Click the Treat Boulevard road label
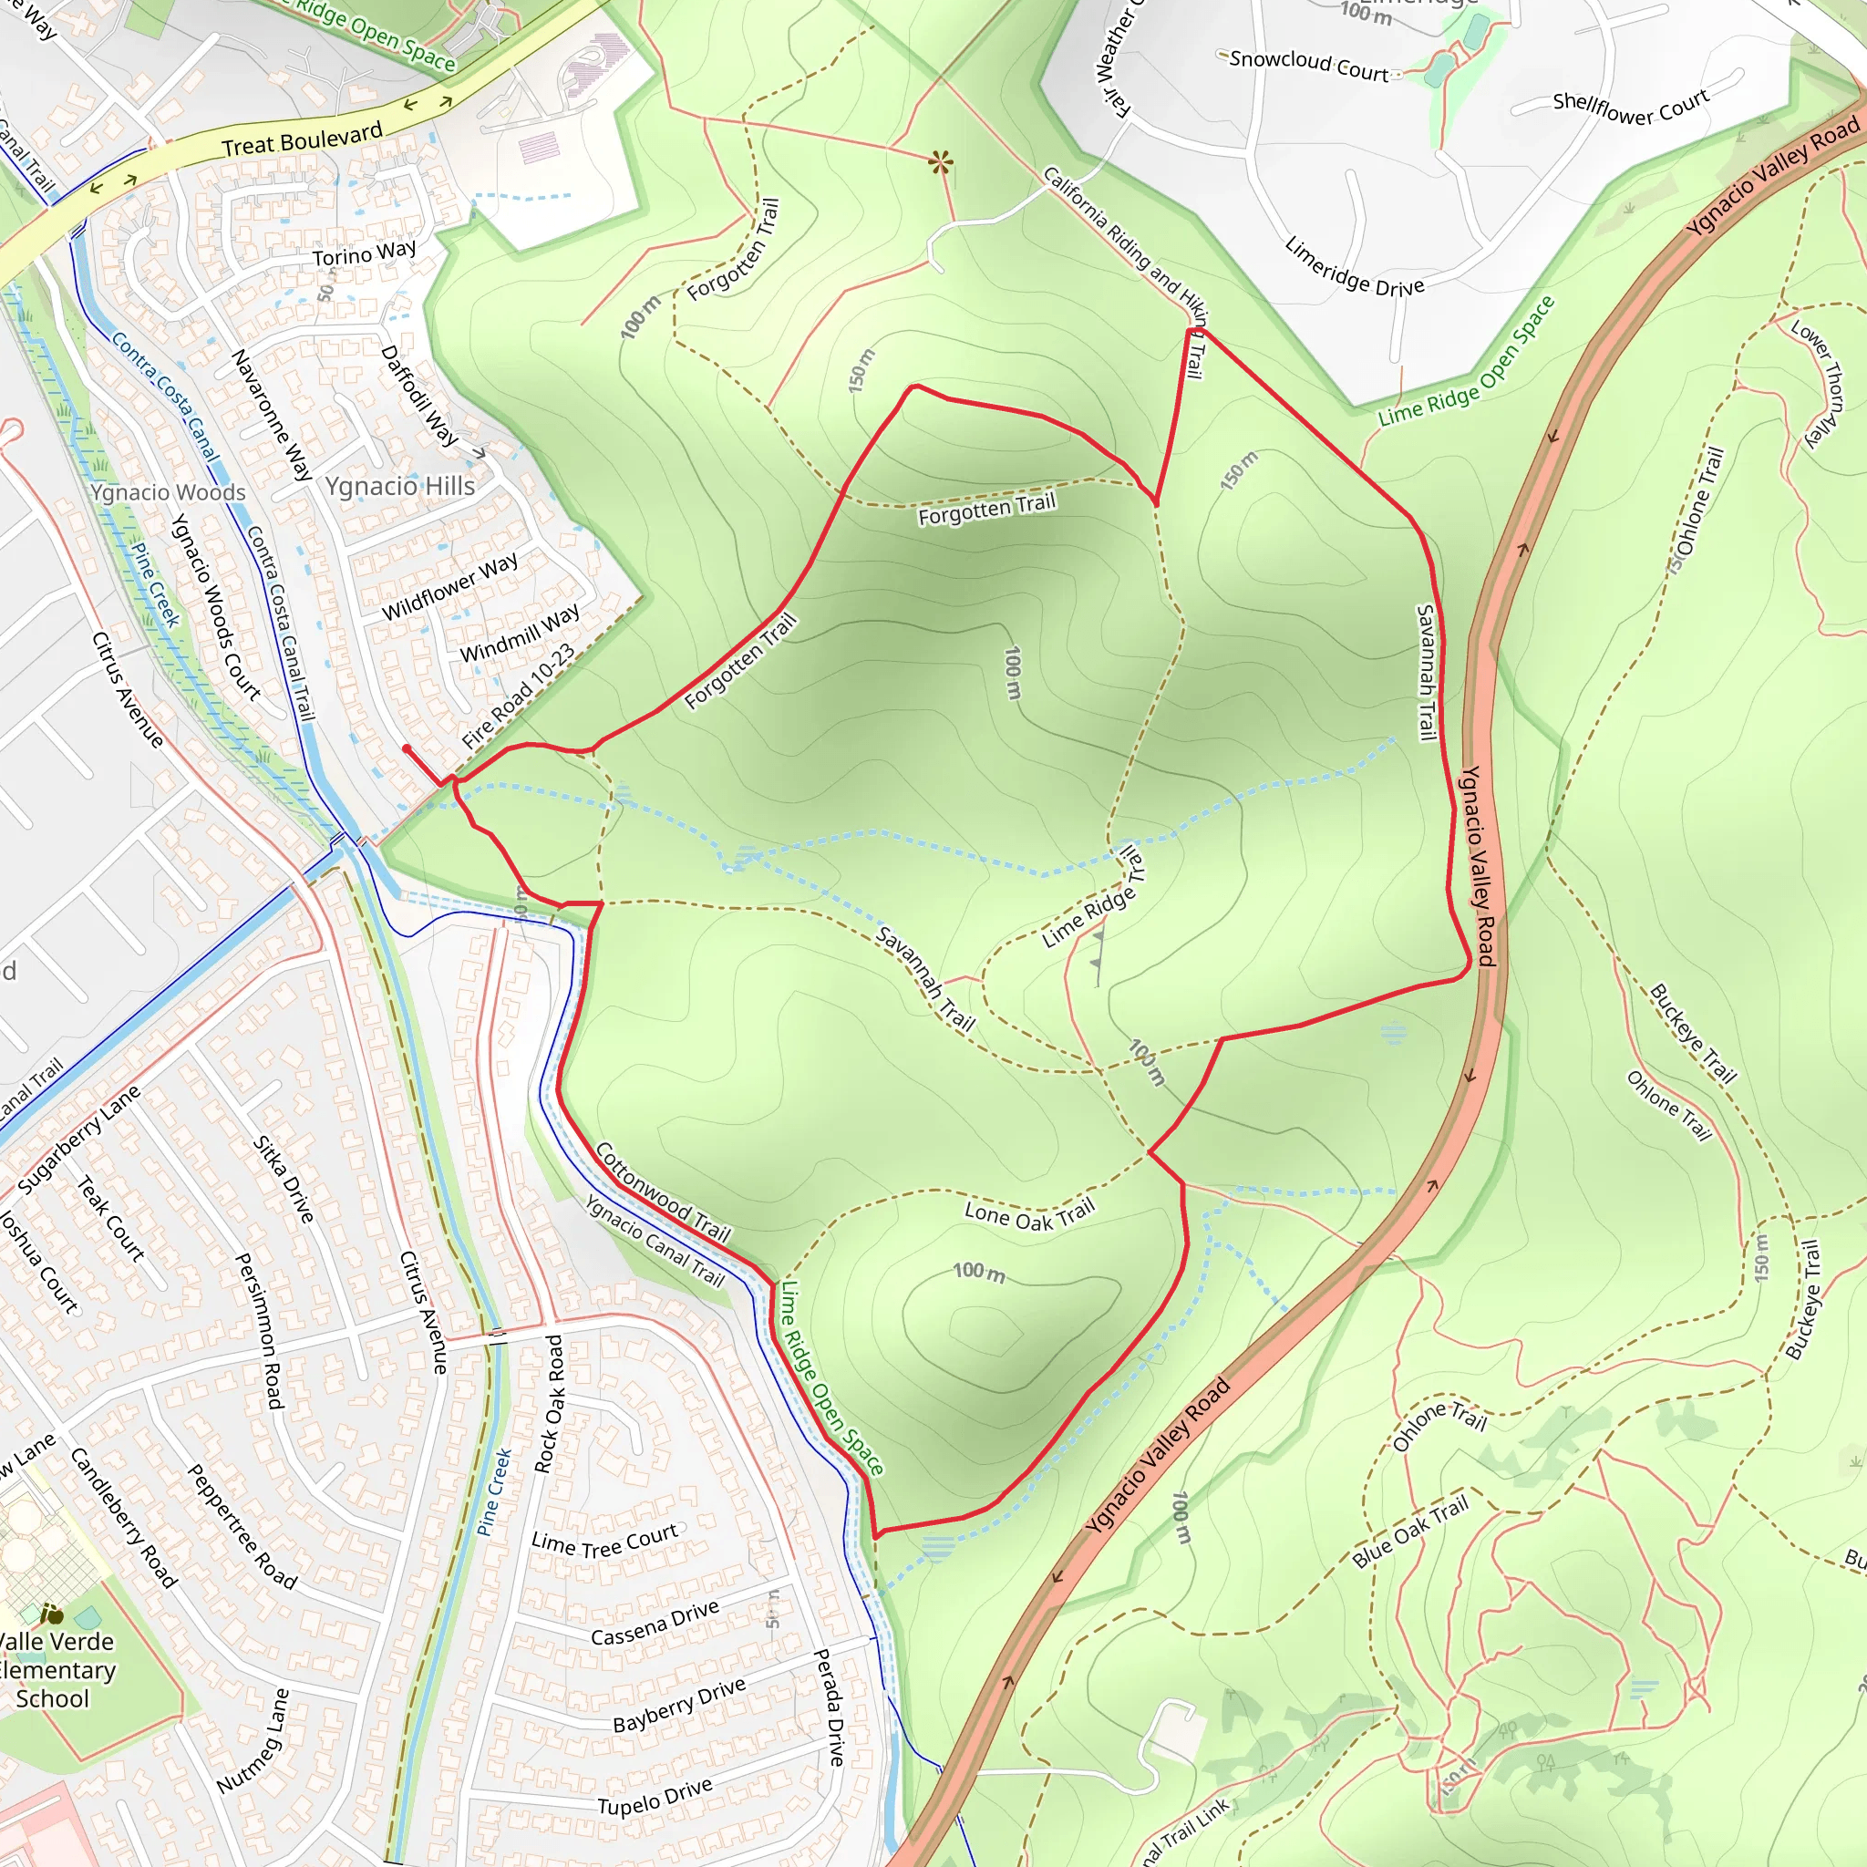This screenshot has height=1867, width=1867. [x=302, y=140]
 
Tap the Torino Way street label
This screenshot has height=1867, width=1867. [x=364, y=254]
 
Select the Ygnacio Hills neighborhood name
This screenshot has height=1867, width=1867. [x=399, y=486]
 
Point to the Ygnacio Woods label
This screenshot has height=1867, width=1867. [x=168, y=493]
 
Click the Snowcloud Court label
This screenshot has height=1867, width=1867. [x=1308, y=65]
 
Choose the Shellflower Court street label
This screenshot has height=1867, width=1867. [x=1630, y=107]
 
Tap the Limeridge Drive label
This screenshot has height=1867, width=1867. [x=1354, y=267]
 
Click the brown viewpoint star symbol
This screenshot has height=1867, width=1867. [x=939, y=161]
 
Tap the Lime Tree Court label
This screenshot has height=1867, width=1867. [x=604, y=1542]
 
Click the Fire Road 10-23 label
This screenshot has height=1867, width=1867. [x=518, y=695]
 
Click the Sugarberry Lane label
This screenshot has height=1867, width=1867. [x=78, y=1140]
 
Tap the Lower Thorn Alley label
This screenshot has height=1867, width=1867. [x=1819, y=383]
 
